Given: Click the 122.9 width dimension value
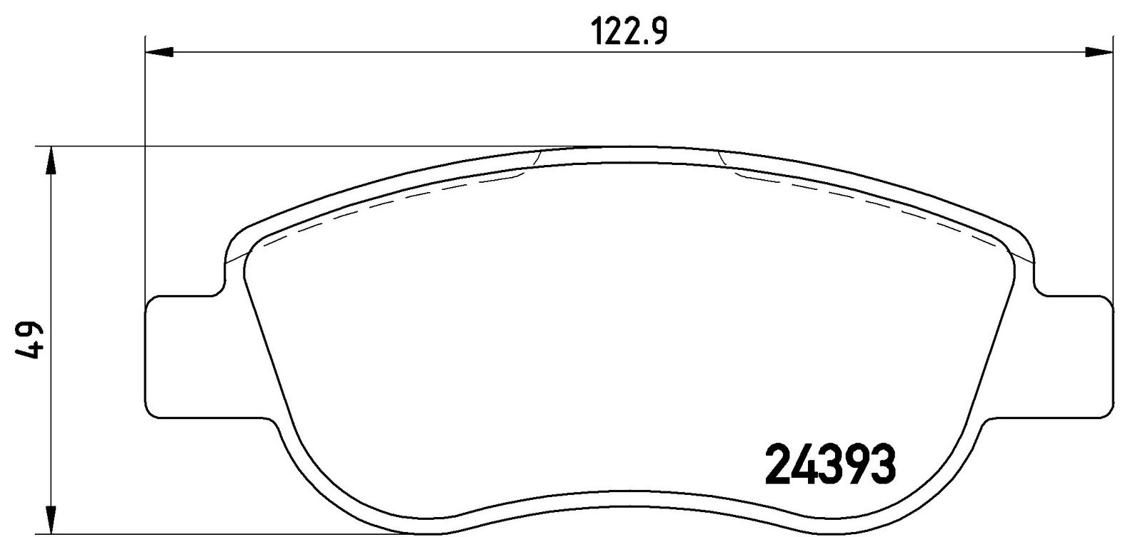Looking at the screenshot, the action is [x=629, y=31].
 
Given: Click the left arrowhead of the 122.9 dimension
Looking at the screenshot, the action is [x=160, y=51].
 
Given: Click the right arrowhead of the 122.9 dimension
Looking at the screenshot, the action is [x=1098, y=51].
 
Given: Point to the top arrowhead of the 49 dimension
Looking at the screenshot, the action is [x=51, y=161].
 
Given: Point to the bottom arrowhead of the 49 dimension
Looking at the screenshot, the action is [x=51, y=519].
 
